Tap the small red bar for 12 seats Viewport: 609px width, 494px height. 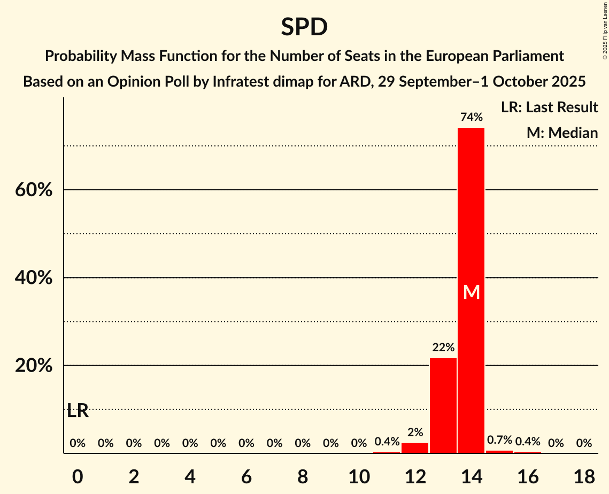tap(415, 448)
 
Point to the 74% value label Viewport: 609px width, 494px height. tap(471, 117)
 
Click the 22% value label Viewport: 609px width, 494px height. tap(443, 348)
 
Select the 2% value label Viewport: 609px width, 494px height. tap(415, 433)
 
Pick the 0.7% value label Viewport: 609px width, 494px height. tap(499, 440)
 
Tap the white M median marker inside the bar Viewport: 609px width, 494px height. tap(471, 292)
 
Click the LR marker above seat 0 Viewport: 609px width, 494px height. tap(78, 411)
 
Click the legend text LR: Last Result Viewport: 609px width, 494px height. tap(549, 107)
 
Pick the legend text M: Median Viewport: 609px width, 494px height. tap(562, 133)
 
